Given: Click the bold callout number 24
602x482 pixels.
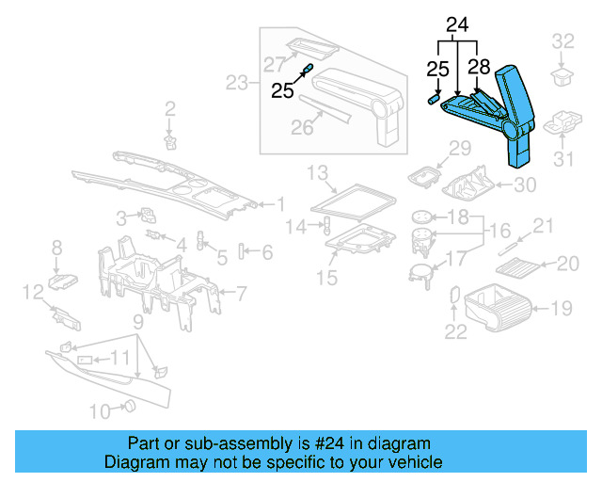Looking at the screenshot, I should pos(456,25).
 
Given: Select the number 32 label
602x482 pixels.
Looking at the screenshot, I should pos(563,40).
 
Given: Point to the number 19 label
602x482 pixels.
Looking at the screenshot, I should pos(562,306).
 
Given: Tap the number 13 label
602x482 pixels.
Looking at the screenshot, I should pos(317,171).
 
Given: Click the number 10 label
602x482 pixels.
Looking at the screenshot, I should pos(99,410).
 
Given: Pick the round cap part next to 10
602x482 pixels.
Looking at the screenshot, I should pos(130,406).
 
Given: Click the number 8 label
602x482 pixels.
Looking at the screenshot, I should pos(56,248).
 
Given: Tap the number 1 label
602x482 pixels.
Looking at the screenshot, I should pos(280,202).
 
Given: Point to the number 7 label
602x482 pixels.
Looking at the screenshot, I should pos(241,294).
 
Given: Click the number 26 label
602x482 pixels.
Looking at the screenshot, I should pos(301,127).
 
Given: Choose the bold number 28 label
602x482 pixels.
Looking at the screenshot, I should pos(479,68).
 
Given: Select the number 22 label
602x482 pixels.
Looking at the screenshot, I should pos(455,330).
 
